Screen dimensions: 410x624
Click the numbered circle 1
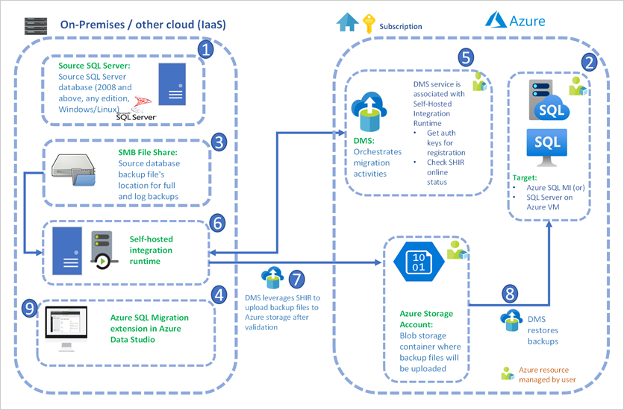coord(206,51)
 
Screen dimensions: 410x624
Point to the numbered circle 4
coord(219,295)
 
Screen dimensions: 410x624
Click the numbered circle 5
coord(466,57)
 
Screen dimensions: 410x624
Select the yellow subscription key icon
coord(368,23)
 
